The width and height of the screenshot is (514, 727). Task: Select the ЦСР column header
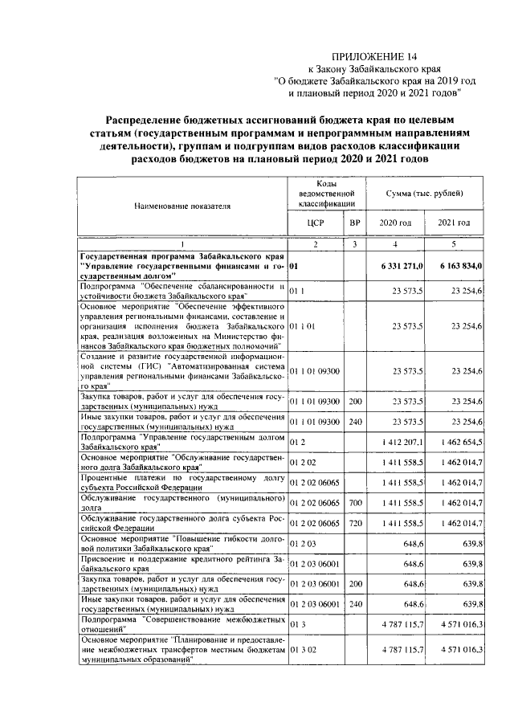[x=316, y=223]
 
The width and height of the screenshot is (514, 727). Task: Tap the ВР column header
[x=355, y=223]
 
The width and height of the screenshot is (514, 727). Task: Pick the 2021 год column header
[x=453, y=223]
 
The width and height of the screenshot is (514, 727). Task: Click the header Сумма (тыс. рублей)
[x=425, y=193]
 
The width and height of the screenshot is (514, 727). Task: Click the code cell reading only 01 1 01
[x=304, y=325]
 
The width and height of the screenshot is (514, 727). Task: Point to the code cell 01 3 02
[x=300, y=648]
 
